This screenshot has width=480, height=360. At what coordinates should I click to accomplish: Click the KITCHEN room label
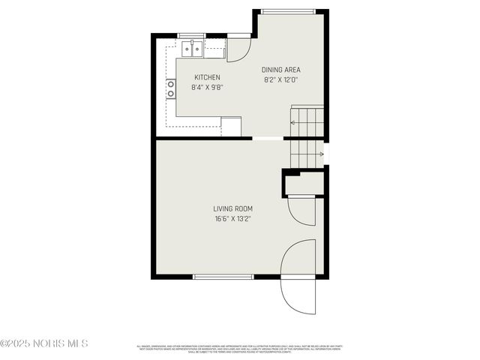tap(207, 77)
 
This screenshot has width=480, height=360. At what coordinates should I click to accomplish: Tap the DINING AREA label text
tap(280, 70)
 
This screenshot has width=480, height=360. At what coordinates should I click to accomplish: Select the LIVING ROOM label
tap(232, 208)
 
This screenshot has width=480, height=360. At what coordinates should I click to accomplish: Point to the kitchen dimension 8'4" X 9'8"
tap(207, 87)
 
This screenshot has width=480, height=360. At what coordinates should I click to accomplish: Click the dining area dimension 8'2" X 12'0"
tap(280, 79)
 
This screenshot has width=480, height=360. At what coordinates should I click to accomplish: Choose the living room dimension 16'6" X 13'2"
tap(232, 219)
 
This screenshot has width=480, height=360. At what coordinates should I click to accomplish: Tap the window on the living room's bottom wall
tap(223, 277)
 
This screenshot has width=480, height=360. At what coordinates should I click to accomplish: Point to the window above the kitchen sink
tap(191, 35)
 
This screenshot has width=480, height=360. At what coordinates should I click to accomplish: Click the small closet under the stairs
tap(303, 184)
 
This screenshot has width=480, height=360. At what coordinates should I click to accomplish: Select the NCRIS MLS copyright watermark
tap(44, 343)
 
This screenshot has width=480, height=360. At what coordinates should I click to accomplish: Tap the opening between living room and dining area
tap(268, 138)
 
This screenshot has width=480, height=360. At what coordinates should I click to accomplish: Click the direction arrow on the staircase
tap(321, 154)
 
